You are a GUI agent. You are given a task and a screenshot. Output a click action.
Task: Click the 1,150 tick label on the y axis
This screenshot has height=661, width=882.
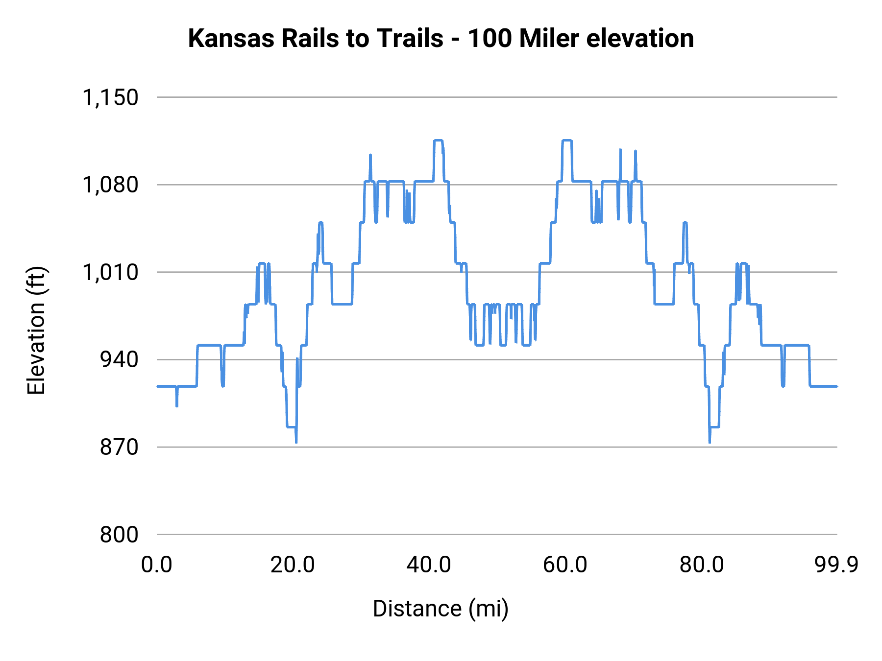pyautogui.click(x=110, y=97)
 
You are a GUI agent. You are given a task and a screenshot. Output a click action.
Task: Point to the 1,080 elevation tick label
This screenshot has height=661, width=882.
pyautogui.click(x=110, y=185)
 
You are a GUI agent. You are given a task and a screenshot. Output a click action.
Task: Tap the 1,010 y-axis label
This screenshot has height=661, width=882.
pyautogui.click(x=110, y=272)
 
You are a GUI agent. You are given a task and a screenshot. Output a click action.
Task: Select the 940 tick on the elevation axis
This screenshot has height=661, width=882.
pyautogui.click(x=119, y=360)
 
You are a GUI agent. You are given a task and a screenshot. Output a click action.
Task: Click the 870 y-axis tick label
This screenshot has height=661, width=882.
pyautogui.click(x=119, y=447)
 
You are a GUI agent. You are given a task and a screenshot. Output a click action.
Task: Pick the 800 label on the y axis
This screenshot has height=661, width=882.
pyautogui.click(x=119, y=535)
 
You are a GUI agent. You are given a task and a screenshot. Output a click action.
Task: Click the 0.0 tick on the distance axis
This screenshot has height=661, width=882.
pyautogui.click(x=157, y=565)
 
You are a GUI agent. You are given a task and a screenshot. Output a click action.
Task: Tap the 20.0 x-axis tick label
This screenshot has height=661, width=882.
pyautogui.click(x=293, y=565)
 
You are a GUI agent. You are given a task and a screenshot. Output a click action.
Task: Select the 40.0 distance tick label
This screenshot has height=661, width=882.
pyautogui.click(x=429, y=565)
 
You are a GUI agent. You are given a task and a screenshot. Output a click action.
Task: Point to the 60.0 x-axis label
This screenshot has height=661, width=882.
pyautogui.click(x=565, y=565)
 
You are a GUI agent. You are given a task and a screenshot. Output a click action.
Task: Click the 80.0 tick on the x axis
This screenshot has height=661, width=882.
pyautogui.click(x=701, y=565)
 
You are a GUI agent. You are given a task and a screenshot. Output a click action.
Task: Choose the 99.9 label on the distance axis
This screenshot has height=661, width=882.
pyautogui.click(x=836, y=565)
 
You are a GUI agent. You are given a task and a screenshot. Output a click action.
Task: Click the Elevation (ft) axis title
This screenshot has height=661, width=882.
pyautogui.click(x=36, y=330)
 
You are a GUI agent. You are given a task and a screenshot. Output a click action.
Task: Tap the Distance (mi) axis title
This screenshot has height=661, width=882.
pyautogui.click(x=441, y=609)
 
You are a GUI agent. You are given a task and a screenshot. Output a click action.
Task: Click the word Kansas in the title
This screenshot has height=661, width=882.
pyautogui.click(x=232, y=38)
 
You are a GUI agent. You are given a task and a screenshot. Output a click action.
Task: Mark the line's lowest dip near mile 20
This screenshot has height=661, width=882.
pyautogui.click(x=296, y=442)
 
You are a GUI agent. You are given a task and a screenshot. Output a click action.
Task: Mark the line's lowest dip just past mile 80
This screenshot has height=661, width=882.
pyautogui.click(x=710, y=442)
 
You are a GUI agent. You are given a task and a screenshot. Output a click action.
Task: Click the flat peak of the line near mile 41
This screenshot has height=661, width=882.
pyautogui.click(x=439, y=141)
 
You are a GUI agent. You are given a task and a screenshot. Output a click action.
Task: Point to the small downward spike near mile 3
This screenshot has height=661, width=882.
pyautogui.click(x=177, y=405)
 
